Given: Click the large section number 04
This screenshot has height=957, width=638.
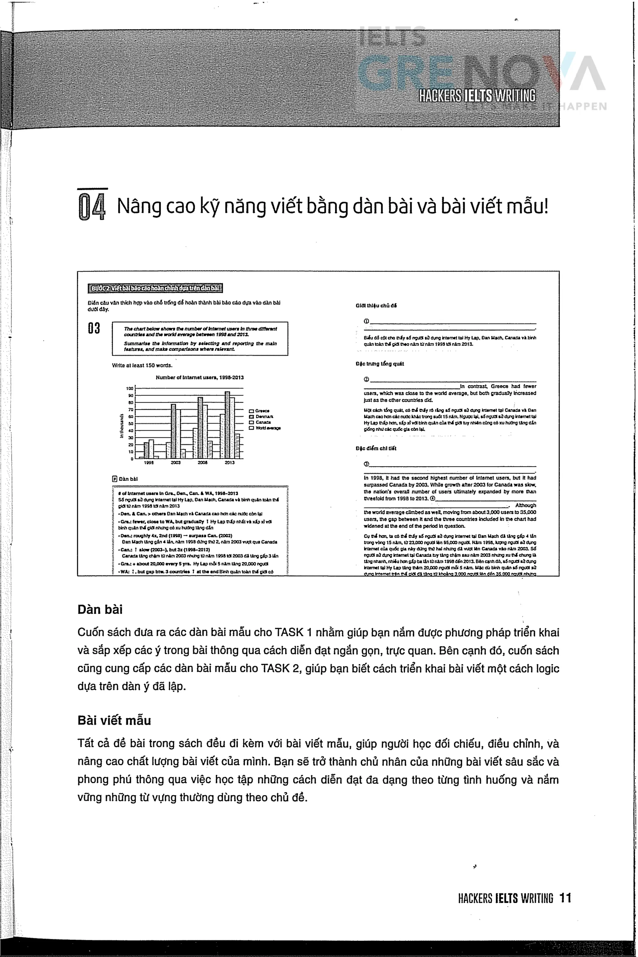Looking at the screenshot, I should [92, 206].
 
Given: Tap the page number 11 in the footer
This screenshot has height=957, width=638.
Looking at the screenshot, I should [565, 898].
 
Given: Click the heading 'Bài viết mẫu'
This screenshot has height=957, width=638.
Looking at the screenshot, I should [114, 720].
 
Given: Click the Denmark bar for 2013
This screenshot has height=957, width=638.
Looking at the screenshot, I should [227, 425].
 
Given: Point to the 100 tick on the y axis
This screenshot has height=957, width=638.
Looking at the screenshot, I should [130, 388].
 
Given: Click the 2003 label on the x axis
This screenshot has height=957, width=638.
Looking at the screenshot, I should [176, 462].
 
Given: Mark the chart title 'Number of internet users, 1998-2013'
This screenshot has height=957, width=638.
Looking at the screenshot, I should [200, 377].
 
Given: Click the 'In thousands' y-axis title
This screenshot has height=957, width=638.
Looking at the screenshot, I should [121, 425].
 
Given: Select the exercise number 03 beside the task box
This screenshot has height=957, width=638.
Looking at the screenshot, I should [94, 328].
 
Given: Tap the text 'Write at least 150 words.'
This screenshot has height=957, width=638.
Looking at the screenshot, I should [142, 365].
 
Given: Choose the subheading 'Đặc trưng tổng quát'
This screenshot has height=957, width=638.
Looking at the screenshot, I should [379, 364].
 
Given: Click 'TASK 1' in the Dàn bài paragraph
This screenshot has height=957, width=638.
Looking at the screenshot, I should [293, 632].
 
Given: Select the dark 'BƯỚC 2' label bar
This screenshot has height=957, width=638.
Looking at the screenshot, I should [155, 288].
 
